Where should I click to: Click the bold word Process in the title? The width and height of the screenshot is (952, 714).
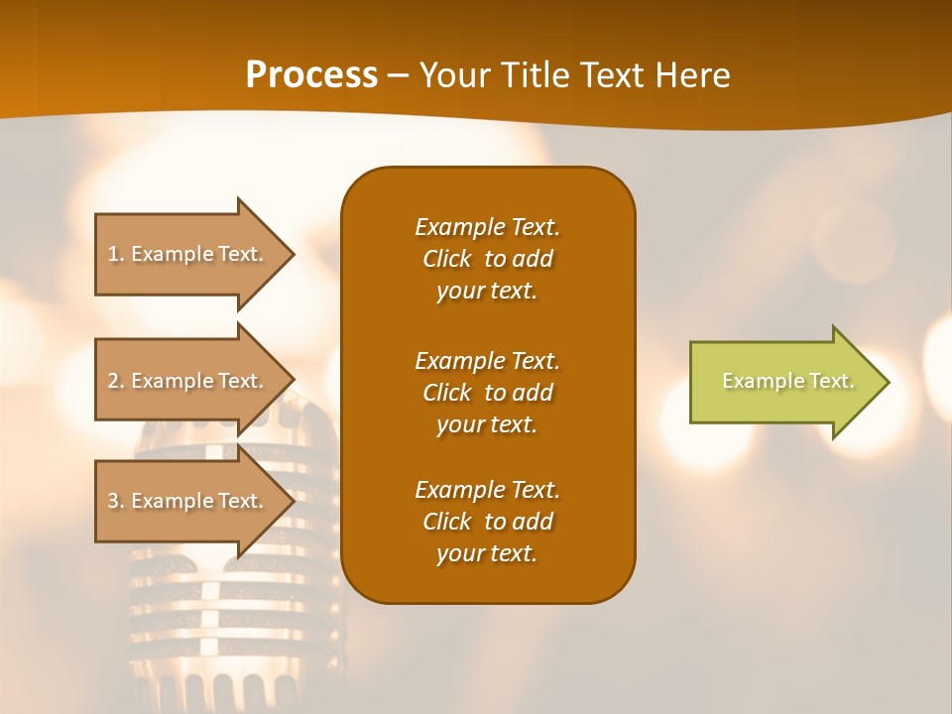point(311,75)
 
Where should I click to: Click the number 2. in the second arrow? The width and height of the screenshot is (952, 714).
point(116,381)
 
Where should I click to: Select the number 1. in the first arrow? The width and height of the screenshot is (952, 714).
point(116,254)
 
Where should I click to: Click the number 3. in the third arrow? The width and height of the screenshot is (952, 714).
point(116,501)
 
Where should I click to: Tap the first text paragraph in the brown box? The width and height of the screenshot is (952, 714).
point(487,259)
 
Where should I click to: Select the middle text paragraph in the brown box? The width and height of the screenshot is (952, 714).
point(487,393)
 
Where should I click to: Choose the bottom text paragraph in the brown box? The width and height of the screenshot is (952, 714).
point(487,522)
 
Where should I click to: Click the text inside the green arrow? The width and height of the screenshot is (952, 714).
point(787,381)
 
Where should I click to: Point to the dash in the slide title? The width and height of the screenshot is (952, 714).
point(398,76)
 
